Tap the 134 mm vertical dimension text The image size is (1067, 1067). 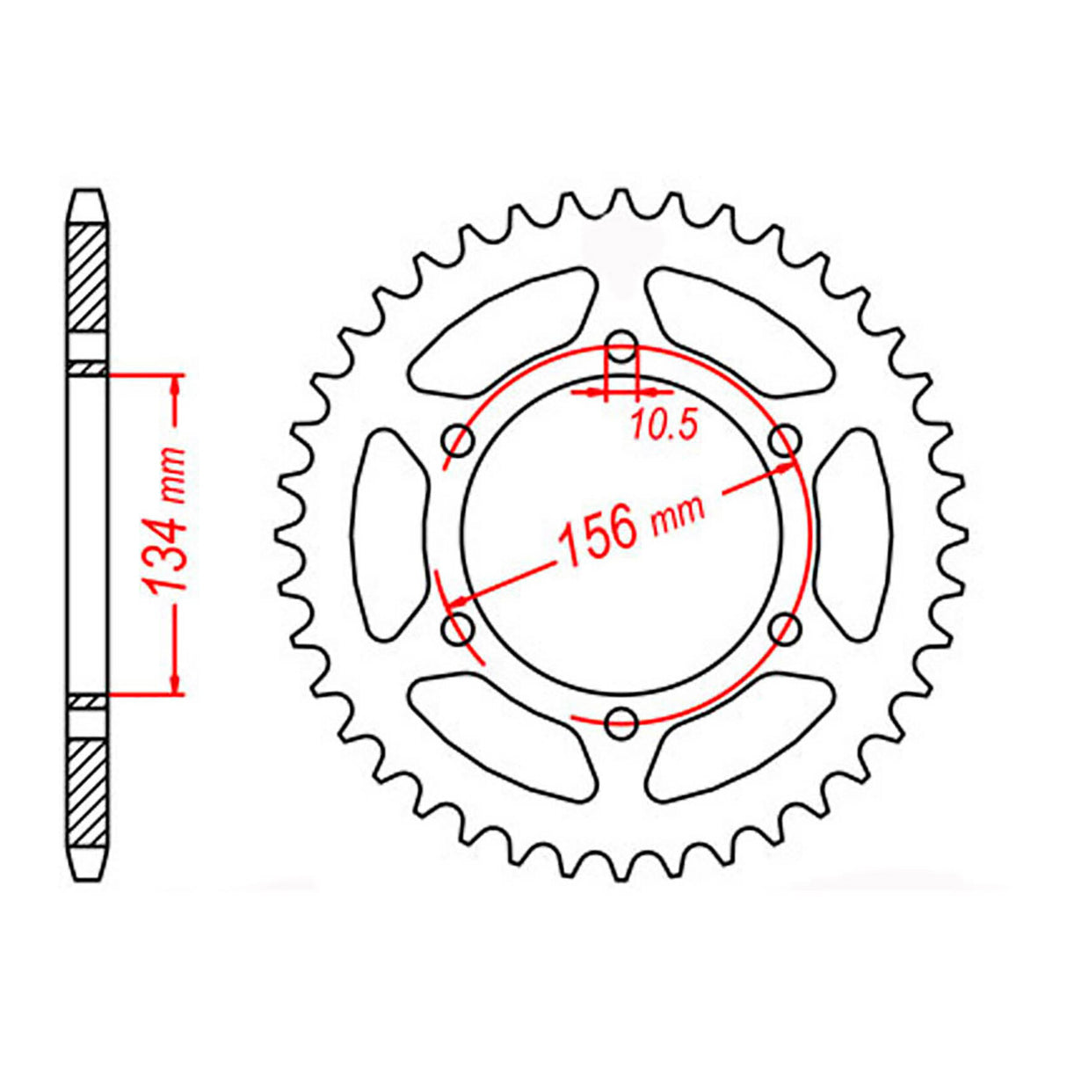pos(167,533)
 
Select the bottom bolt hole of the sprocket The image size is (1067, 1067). pos(621,722)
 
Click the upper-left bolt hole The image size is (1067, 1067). pos(459,439)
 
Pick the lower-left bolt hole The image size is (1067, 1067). pos(459,628)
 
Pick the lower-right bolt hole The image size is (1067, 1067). pos(785,628)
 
